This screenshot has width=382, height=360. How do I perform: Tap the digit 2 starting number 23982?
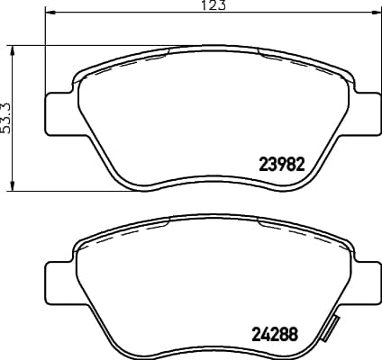[263, 165]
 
